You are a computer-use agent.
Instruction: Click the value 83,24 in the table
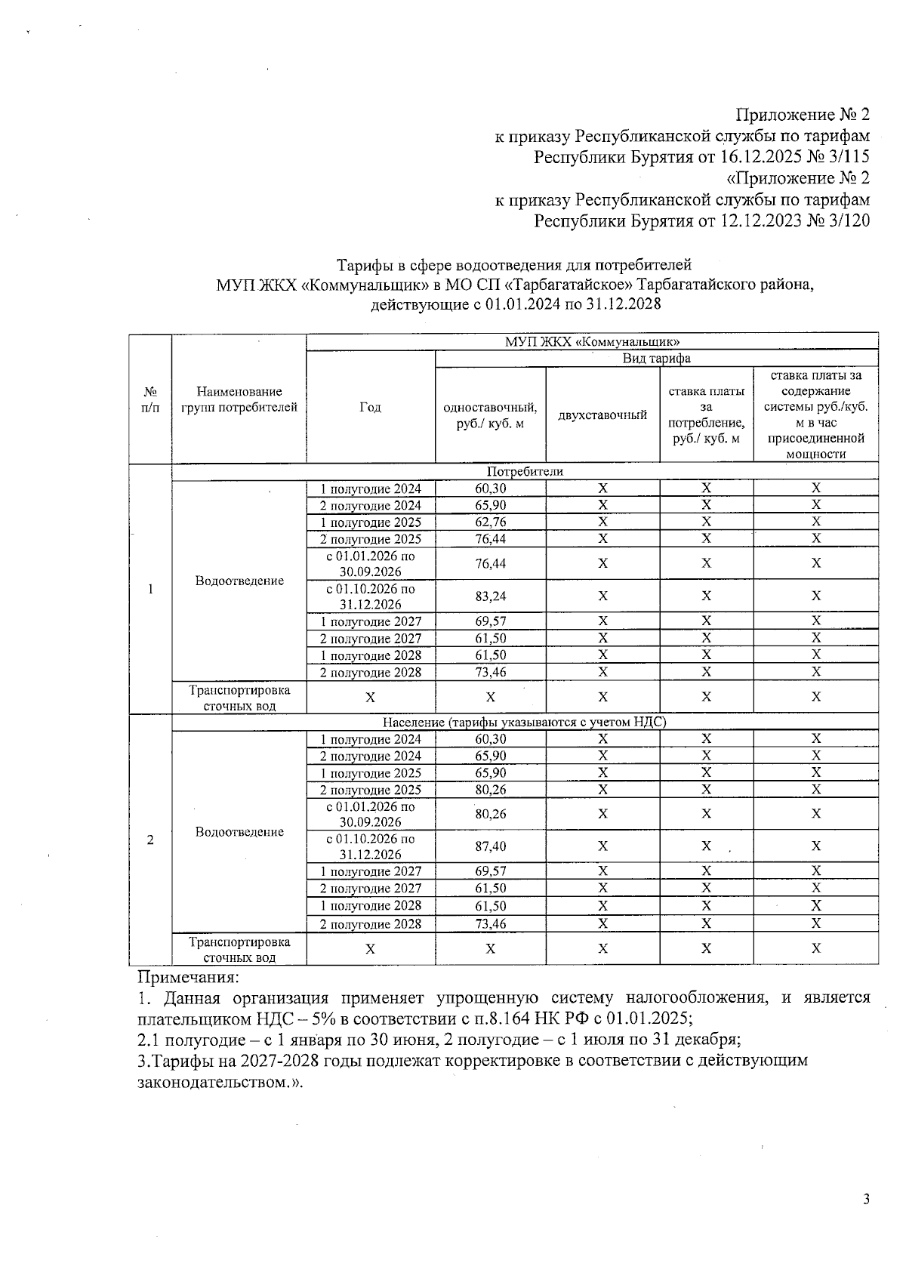pos(490,596)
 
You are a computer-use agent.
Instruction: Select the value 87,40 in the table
pos(490,846)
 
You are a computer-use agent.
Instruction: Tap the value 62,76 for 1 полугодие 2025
pos(490,522)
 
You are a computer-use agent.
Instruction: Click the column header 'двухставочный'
pos(602,414)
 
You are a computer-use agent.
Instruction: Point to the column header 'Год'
pos(370,408)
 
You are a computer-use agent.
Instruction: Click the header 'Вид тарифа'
pos(656,359)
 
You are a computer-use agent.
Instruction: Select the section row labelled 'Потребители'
pos(525,471)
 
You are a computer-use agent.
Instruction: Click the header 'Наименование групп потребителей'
pos(239,399)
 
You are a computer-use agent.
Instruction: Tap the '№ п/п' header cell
pos(150,399)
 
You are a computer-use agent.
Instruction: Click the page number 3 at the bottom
pos(866,1200)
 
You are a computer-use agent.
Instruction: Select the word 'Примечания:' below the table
pos(187,977)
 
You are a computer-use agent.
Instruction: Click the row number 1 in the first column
pos(150,589)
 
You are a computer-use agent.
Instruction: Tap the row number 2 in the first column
pos(150,840)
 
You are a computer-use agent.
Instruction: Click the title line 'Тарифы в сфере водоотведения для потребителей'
pos(513,265)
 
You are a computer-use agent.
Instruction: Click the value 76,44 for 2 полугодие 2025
pos(490,539)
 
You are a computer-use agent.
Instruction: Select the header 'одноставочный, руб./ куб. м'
pos(490,415)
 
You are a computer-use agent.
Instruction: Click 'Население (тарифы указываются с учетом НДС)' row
pos(525,722)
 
